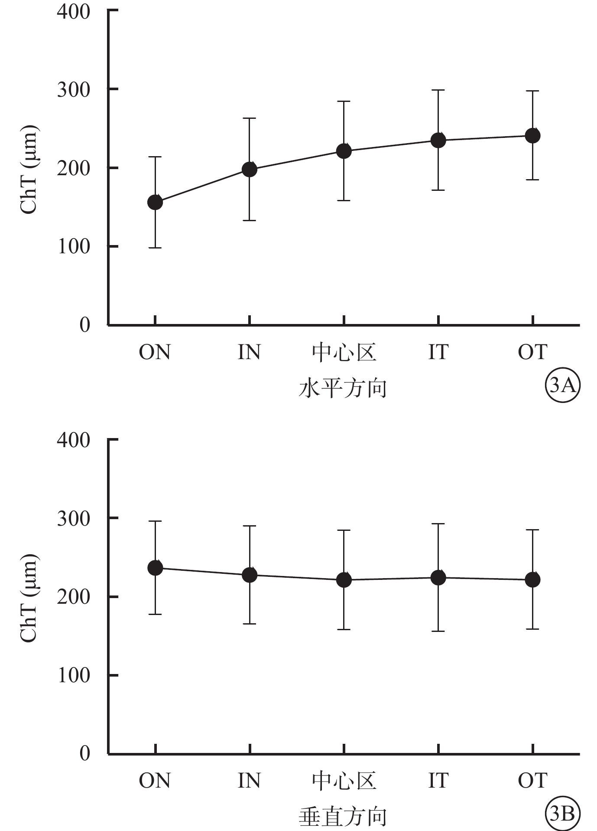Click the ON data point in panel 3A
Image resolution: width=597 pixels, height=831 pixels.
[155, 202]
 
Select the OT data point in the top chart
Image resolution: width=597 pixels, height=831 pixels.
[532, 136]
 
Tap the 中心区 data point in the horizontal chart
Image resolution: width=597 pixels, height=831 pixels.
[344, 151]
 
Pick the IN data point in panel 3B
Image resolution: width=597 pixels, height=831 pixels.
[250, 575]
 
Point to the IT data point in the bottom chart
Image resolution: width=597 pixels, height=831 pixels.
[438, 578]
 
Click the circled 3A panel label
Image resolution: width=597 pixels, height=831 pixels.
[562, 385]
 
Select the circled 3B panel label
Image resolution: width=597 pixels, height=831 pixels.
[562, 814]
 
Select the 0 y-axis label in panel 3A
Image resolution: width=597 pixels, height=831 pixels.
[84, 324]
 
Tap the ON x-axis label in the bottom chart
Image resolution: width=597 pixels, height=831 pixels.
[155, 781]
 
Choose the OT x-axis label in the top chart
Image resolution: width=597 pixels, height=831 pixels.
[532, 352]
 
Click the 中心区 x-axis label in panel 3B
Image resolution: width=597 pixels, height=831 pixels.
[344, 781]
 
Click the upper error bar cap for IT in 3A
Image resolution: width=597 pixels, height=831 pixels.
[438, 90]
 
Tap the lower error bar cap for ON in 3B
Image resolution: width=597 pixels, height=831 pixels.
[155, 614]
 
